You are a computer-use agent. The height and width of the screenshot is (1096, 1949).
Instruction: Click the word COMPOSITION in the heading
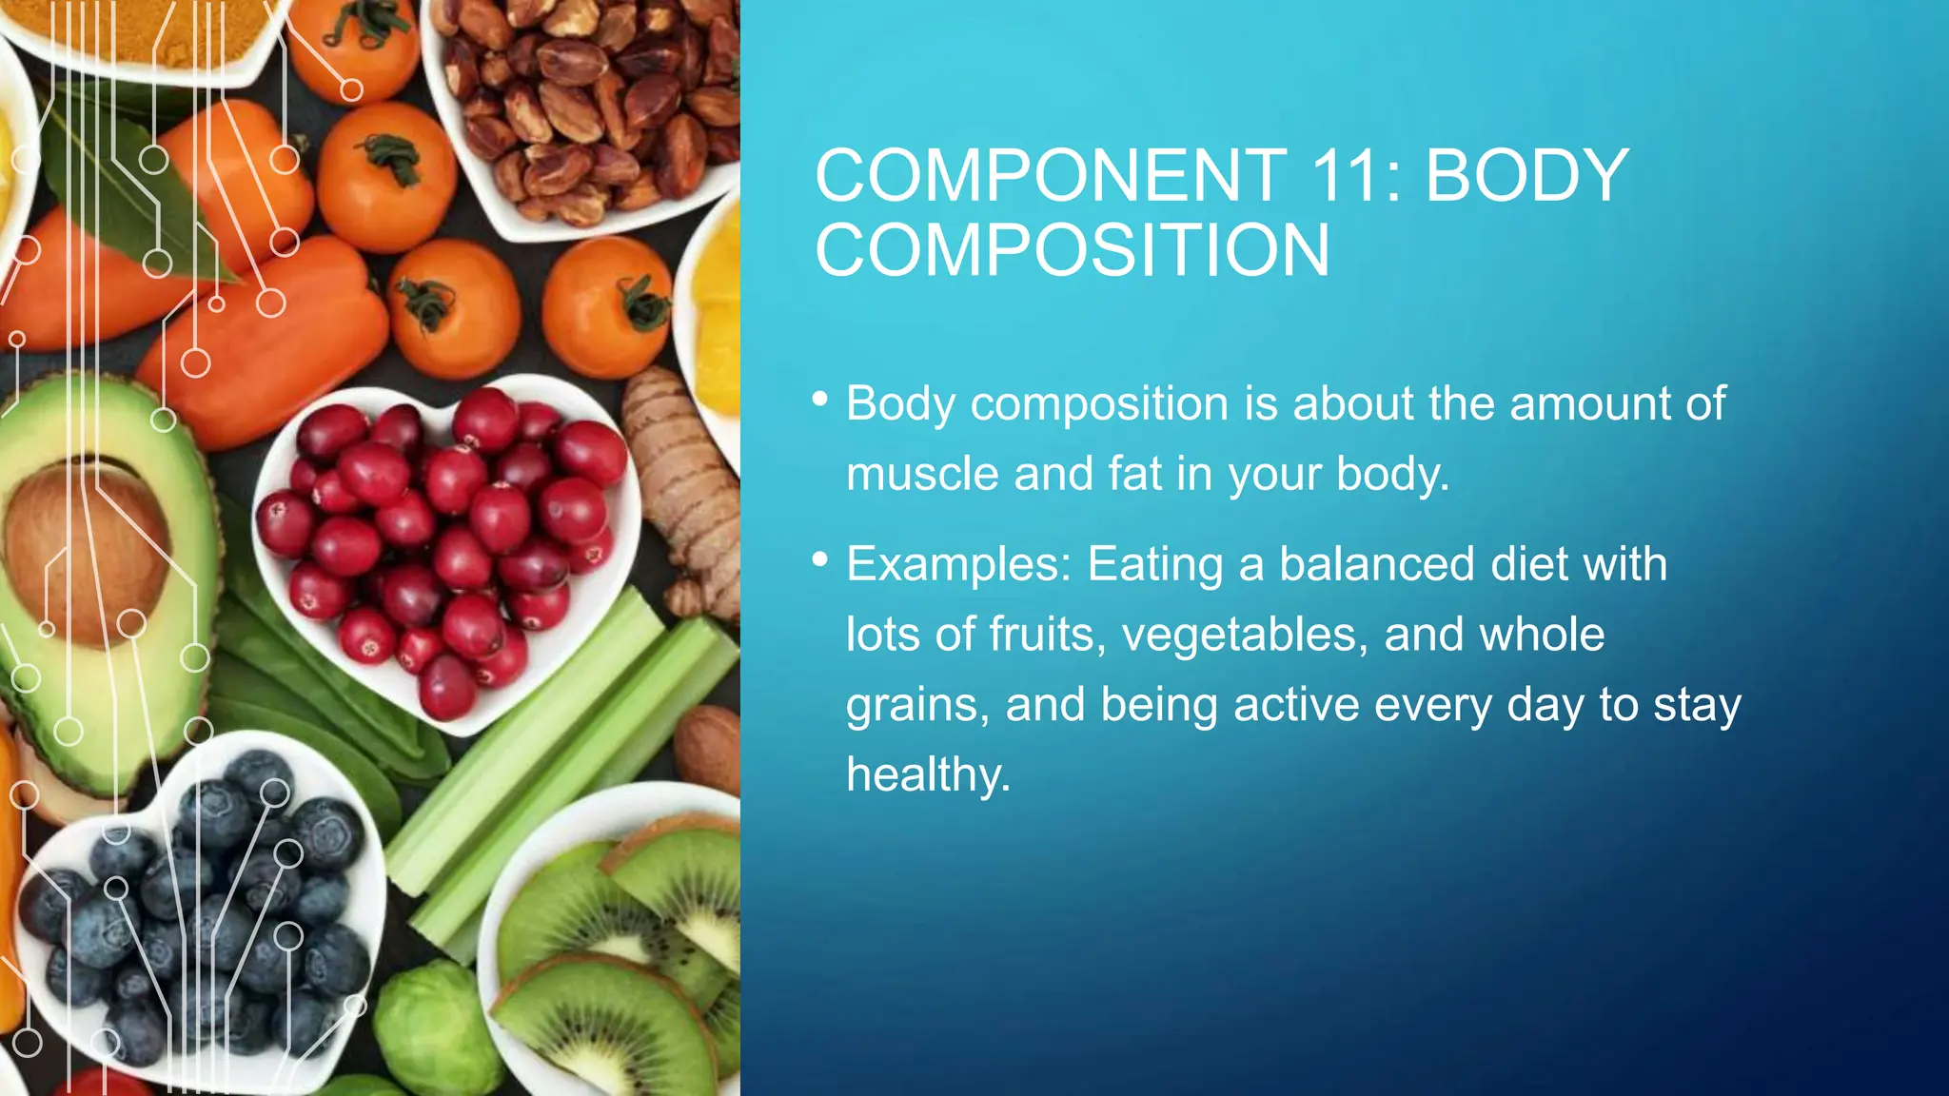(1072, 251)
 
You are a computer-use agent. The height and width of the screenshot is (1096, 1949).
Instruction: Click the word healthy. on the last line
(928, 774)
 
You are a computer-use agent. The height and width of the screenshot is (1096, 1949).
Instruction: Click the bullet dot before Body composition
(820, 400)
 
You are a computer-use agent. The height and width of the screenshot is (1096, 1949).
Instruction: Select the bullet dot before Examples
(820, 560)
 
